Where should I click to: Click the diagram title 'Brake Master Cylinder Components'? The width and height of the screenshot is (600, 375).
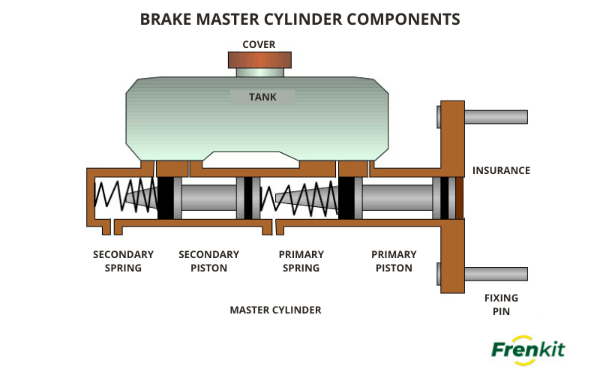tap(300, 19)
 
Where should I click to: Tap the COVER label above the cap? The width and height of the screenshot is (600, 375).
tap(259, 44)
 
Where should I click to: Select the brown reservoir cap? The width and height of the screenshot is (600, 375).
tap(259, 60)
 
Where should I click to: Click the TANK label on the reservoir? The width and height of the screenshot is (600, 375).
tap(262, 97)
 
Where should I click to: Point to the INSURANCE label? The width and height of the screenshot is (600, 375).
tap(501, 170)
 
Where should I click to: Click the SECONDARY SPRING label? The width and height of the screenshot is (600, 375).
tap(123, 261)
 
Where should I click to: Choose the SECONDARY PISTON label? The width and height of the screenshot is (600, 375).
tap(208, 261)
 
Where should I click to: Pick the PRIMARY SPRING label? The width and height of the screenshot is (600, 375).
tap(301, 261)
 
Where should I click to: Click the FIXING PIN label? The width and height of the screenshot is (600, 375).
tap(501, 304)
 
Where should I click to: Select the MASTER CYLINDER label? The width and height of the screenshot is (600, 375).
tap(275, 310)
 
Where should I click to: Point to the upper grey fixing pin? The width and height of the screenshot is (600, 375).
tap(495, 117)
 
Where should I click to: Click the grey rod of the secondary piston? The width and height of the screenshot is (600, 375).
tap(208, 198)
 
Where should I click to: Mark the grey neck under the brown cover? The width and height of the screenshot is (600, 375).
tap(259, 73)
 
